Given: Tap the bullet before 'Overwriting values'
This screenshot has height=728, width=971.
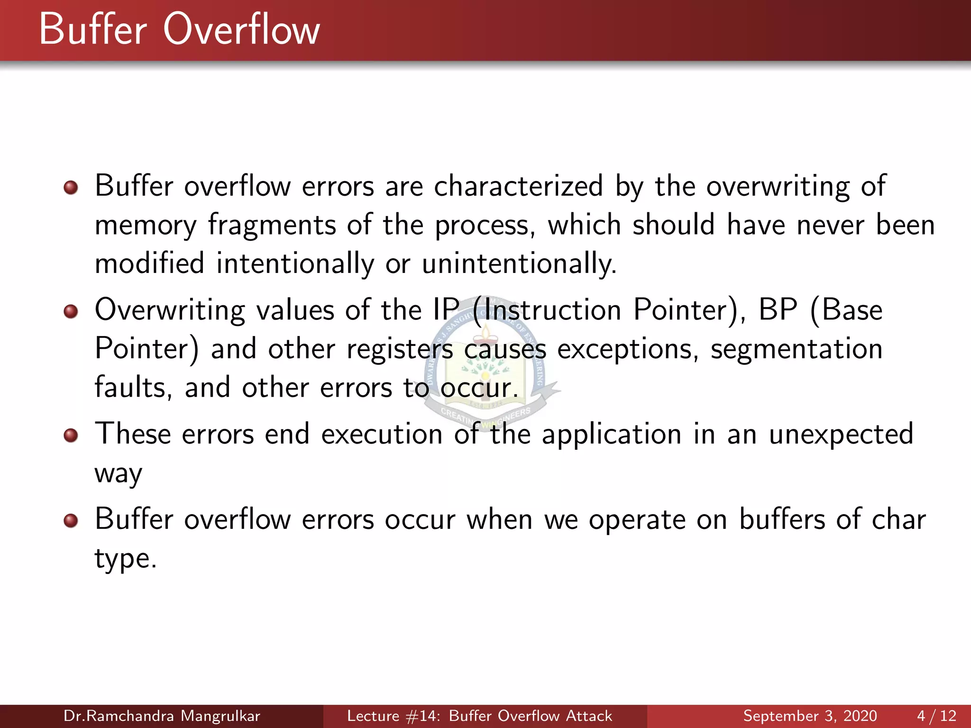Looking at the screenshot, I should tap(71, 311).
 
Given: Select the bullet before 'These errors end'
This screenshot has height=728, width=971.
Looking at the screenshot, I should tap(71, 435).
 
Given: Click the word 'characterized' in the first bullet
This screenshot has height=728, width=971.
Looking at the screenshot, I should tap(518, 186).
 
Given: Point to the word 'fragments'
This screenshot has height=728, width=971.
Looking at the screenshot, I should tap(272, 225).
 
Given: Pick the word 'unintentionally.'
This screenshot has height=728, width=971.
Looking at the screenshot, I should tap(519, 264).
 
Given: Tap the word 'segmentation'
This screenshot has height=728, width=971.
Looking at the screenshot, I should tap(796, 349).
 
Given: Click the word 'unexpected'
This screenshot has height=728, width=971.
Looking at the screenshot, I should tap(841, 435).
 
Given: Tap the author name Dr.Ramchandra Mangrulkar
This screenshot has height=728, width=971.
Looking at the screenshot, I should tap(162, 716).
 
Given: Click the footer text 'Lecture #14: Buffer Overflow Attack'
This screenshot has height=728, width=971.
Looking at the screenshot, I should tap(479, 716).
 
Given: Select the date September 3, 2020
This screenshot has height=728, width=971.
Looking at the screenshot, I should tap(810, 716).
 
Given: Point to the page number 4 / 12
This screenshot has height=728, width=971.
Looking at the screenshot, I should tap(936, 716).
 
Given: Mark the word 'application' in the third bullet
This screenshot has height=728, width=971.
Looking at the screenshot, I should tap(611, 435).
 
